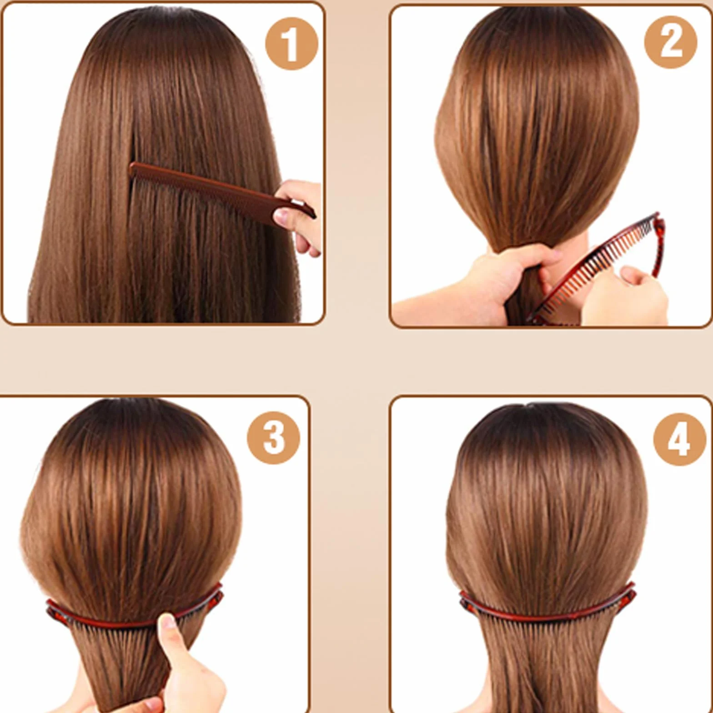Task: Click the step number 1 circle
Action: [291, 44]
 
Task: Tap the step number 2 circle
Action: [671, 42]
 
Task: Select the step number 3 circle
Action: [273, 438]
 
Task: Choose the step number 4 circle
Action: [680, 439]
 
